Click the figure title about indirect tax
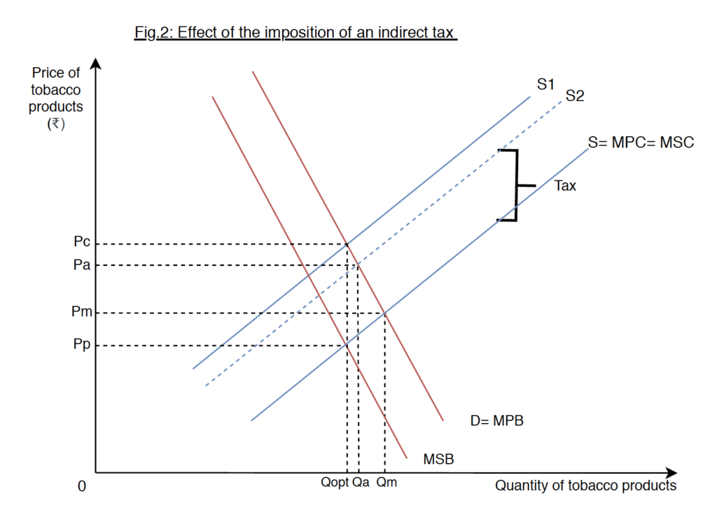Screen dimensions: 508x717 click(295, 33)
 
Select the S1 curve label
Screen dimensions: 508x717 click(546, 85)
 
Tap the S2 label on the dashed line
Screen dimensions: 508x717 click(574, 97)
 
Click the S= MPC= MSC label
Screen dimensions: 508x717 click(641, 143)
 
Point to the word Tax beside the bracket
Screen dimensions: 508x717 click(565, 186)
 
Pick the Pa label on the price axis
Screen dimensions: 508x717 click(82, 265)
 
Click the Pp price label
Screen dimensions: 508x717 click(82, 345)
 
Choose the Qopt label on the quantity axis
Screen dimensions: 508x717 click(335, 482)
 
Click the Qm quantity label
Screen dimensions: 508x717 click(387, 482)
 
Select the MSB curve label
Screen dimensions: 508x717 click(439, 459)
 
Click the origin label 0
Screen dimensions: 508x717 click(82, 486)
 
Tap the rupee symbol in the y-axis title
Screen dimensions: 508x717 click(55, 123)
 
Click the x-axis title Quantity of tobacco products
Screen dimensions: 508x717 click(586, 486)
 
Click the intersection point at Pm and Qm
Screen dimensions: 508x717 click(384, 313)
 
